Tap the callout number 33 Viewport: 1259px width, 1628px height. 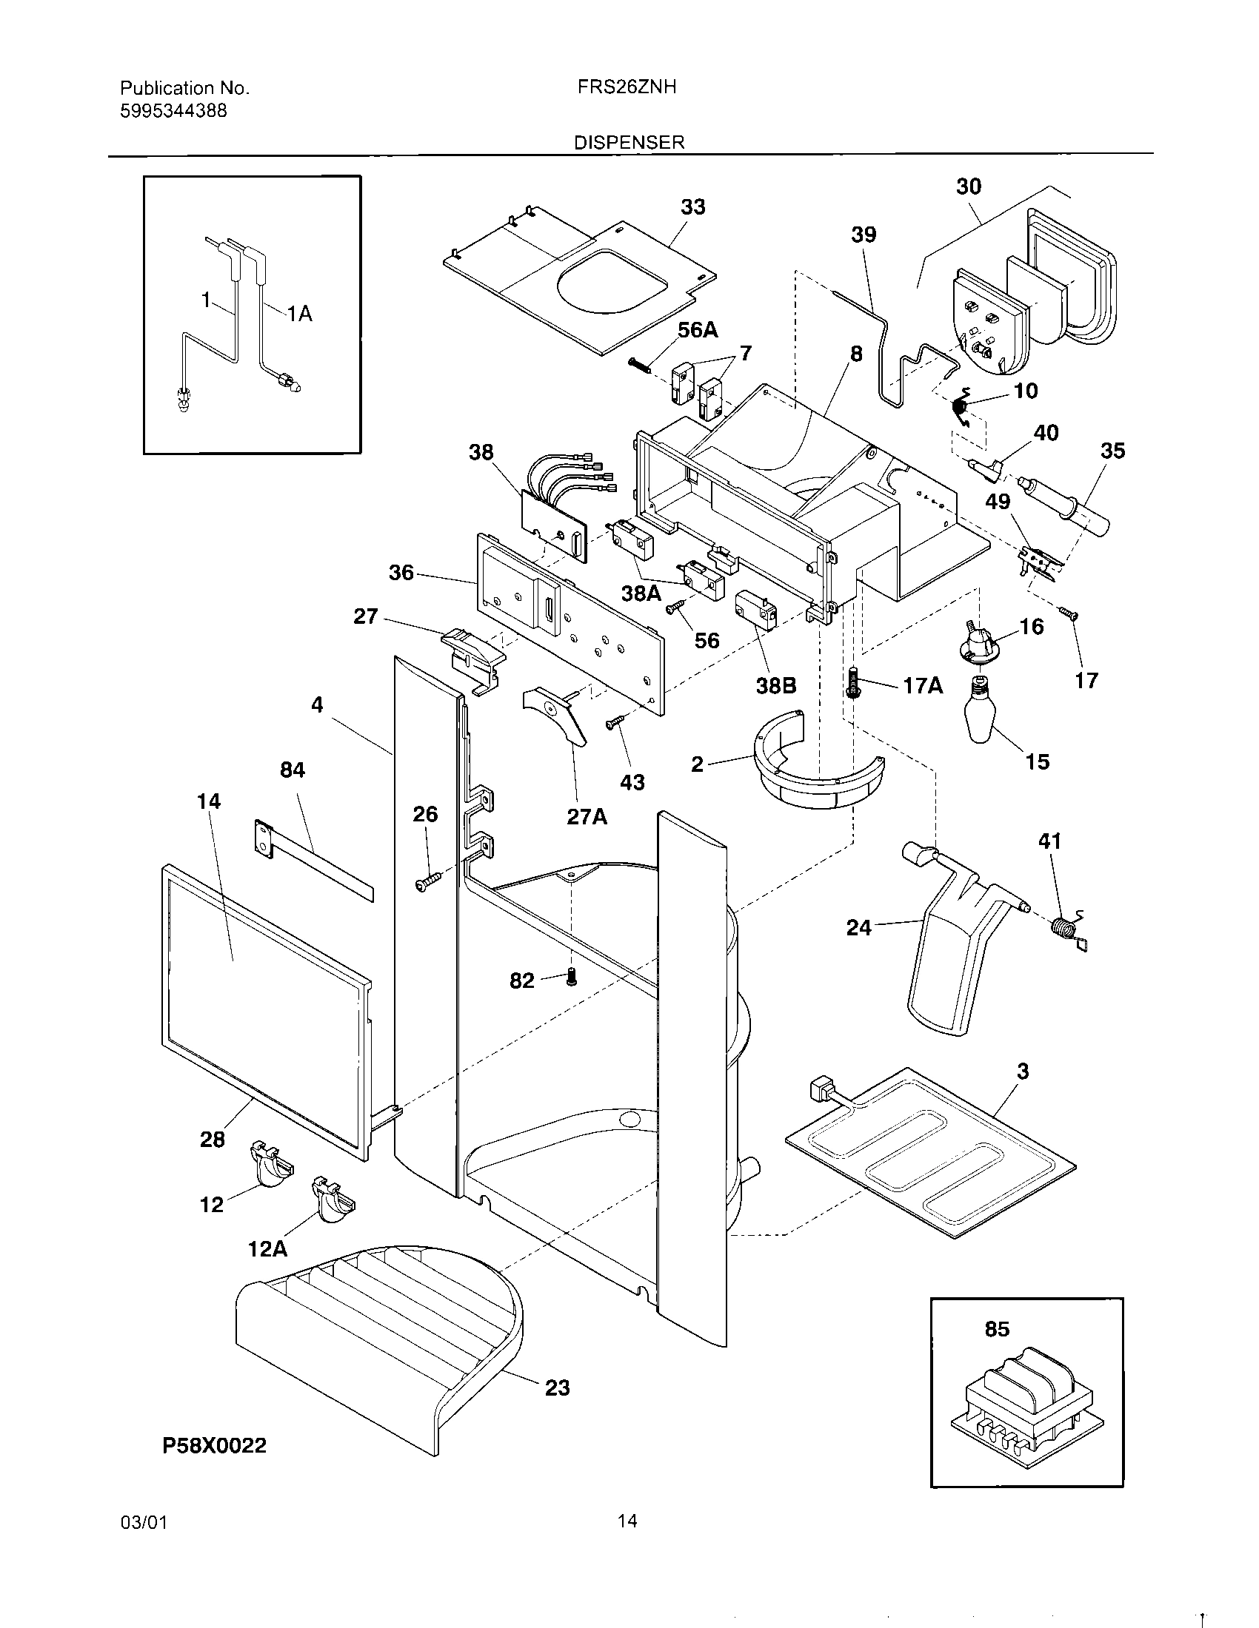click(692, 206)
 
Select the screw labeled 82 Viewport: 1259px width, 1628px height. click(572, 978)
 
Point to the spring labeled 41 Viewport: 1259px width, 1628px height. click(1068, 931)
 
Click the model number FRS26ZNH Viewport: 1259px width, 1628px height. click(627, 87)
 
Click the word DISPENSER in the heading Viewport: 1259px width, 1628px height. click(629, 142)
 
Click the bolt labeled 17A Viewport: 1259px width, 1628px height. click(854, 683)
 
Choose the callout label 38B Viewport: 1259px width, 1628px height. click(775, 686)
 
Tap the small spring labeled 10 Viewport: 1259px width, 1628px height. click(961, 407)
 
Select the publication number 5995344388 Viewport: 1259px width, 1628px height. click(174, 112)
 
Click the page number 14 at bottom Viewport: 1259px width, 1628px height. click(627, 1521)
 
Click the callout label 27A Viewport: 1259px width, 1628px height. click(587, 817)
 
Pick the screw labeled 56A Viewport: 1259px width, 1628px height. click(638, 363)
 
